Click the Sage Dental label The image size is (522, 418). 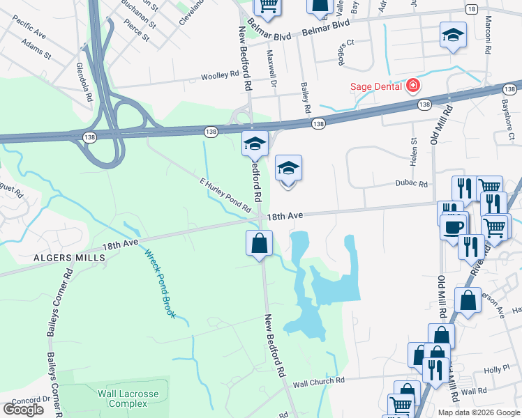pyautogui.click(x=376, y=86)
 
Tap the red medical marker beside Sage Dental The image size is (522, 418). pyautogui.click(x=413, y=86)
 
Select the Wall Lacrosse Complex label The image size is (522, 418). pyautogui.click(x=128, y=398)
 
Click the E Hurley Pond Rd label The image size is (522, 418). pyautogui.click(x=225, y=195)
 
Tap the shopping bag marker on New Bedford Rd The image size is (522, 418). pyautogui.click(x=259, y=243)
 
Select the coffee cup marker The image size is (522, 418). pyautogui.click(x=453, y=227)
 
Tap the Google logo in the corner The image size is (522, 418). pyautogui.click(x=23, y=409)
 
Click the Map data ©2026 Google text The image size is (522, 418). pyautogui.click(x=478, y=412)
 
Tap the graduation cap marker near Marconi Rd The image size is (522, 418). pyautogui.click(x=453, y=36)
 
